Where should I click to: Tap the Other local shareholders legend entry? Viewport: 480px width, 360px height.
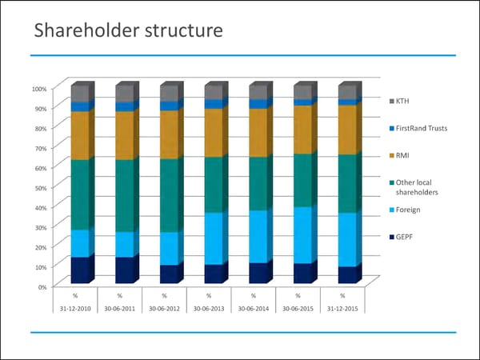pos(417,187)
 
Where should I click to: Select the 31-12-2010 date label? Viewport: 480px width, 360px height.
pos(74,307)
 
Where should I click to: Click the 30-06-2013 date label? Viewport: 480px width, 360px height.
pos(208,307)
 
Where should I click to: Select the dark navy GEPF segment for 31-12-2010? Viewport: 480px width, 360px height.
pos(81,270)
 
